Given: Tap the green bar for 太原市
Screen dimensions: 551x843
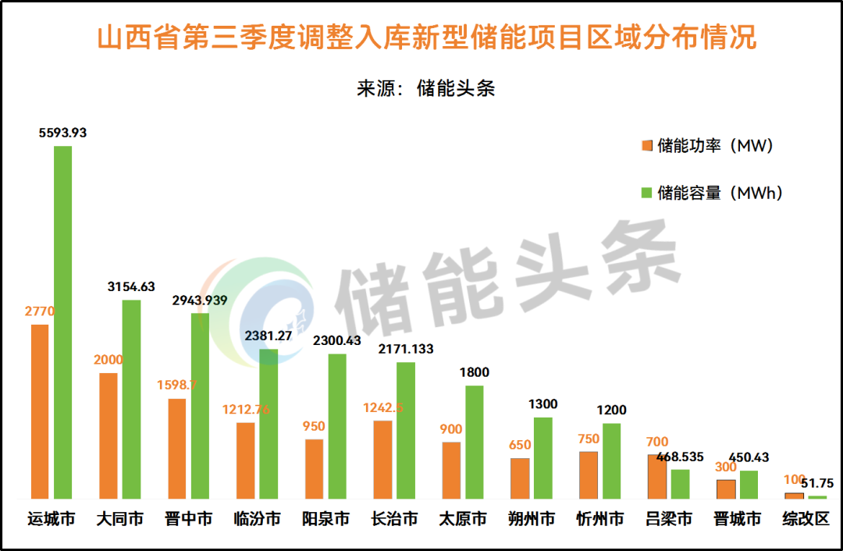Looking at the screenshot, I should click(x=475, y=442).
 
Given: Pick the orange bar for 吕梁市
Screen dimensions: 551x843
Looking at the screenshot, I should click(x=657, y=476).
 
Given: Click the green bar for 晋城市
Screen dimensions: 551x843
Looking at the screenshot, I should click(x=749, y=484).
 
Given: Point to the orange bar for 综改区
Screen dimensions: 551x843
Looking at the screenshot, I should click(x=794, y=496).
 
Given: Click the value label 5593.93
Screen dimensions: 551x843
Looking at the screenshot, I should click(x=62, y=133).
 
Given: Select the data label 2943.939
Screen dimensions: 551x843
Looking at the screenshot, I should click(x=200, y=301).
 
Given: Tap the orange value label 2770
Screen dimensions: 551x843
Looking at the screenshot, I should click(x=40, y=311).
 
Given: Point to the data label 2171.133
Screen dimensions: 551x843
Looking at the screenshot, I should click(x=405, y=349).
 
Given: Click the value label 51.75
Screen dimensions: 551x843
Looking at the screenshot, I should click(x=818, y=483).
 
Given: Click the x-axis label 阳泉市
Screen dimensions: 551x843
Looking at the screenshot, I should click(x=325, y=519).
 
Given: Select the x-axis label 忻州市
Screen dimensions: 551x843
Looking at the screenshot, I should click(x=600, y=519).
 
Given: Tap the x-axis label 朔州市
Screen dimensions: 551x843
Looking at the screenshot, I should click(x=532, y=519).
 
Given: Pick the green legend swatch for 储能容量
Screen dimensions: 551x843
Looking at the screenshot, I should click(x=646, y=192).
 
